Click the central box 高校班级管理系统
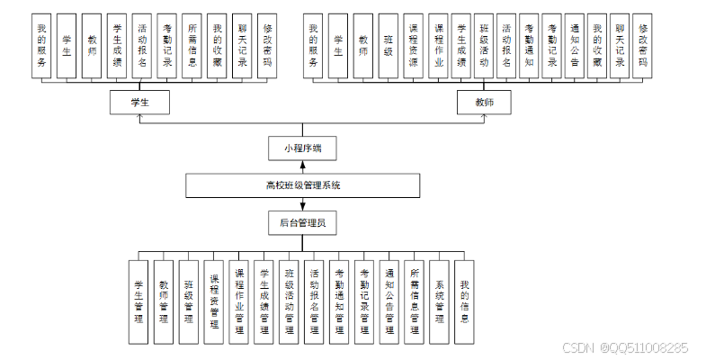point(303,185)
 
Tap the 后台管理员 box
point(303,222)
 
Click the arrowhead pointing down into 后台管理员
point(303,205)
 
